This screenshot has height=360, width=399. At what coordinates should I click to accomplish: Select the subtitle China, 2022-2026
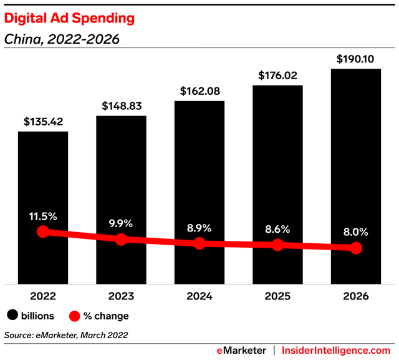click(x=62, y=39)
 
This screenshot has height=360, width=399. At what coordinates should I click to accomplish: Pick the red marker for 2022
click(x=42, y=231)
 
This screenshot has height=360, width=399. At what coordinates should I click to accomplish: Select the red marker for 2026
click(x=356, y=248)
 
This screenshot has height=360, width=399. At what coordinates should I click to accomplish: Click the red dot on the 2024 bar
click(x=199, y=243)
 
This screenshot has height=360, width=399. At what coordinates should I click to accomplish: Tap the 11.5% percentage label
click(x=42, y=216)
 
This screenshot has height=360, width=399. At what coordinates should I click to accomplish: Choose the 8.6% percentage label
click(x=277, y=229)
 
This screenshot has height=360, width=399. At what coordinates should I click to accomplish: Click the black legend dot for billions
click(x=12, y=316)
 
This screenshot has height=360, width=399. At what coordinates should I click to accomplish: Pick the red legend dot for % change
click(x=75, y=316)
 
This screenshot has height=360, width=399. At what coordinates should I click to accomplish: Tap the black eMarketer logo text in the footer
click(x=241, y=351)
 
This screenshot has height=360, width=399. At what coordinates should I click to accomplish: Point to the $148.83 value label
click(x=121, y=105)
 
